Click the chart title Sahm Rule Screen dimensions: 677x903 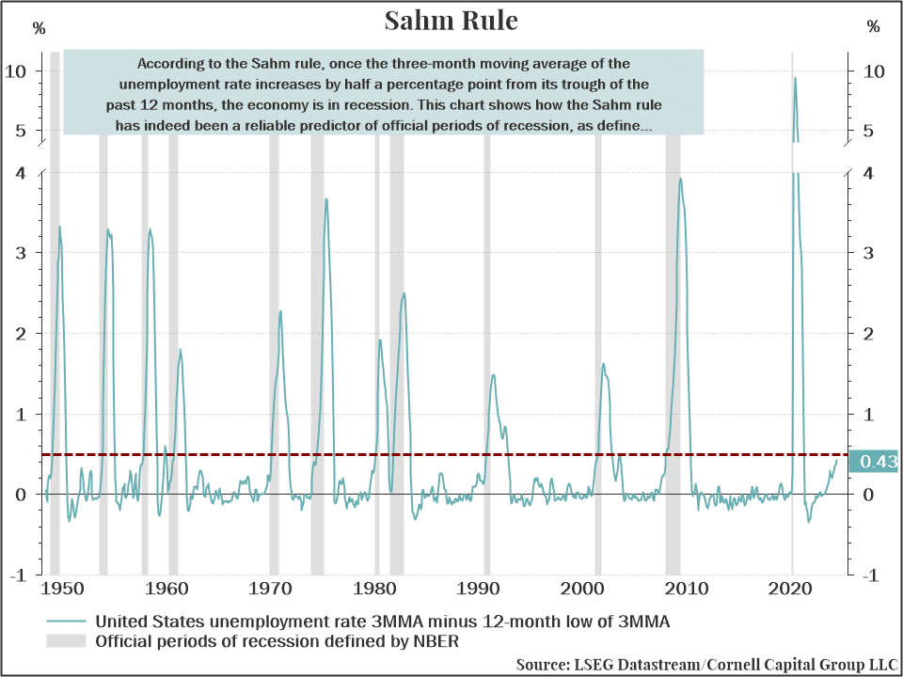click(451, 21)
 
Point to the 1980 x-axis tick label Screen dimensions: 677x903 click(376, 590)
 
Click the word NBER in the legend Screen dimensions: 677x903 click(436, 642)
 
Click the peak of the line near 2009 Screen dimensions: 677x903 click(680, 179)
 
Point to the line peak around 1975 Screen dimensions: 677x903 click(326, 199)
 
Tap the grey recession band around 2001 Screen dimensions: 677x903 click(598, 376)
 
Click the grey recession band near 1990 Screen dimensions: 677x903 click(486, 376)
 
